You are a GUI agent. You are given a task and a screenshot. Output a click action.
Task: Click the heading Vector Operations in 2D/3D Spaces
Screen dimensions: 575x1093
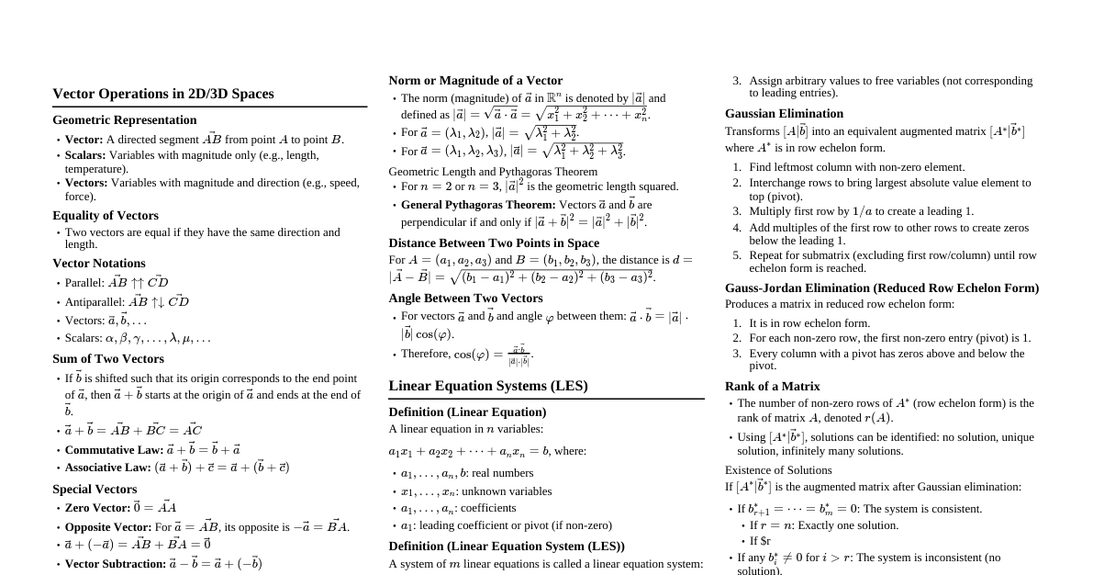[x=162, y=94]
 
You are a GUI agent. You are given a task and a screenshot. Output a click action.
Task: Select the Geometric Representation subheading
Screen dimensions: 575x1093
[x=124, y=120]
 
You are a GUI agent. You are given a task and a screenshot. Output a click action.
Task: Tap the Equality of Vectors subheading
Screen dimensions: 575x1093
[x=106, y=216]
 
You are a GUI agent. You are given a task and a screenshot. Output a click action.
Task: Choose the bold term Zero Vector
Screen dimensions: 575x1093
[x=98, y=508]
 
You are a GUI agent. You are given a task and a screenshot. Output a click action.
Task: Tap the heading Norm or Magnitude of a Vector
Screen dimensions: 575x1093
[x=475, y=81]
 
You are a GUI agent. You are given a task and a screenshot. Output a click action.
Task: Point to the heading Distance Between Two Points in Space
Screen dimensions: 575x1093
[x=494, y=243]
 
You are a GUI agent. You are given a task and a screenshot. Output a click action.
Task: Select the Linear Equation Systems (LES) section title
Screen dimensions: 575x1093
[x=487, y=386]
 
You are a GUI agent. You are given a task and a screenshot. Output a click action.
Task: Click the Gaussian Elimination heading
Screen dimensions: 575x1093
[x=784, y=114]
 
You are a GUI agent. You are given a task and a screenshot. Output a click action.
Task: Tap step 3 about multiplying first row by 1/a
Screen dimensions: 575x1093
[x=861, y=211]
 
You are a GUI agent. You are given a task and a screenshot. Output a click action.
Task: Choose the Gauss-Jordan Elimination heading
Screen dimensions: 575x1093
[x=881, y=288]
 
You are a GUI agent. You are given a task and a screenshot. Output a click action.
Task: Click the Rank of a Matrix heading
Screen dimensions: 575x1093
[x=772, y=387]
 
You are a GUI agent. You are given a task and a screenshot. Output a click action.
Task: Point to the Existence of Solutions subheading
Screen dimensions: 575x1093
[x=778, y=470]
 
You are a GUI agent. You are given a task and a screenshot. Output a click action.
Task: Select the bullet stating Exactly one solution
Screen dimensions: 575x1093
[x=823, y=525]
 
